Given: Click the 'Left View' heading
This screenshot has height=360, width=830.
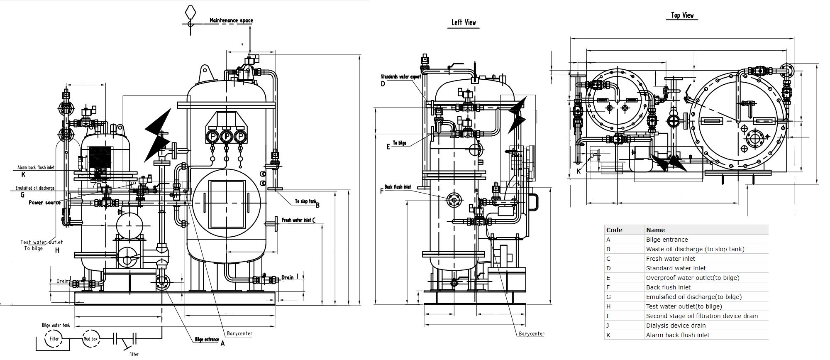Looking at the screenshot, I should [464, 23].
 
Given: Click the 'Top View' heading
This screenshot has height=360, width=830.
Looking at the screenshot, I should [682, 15].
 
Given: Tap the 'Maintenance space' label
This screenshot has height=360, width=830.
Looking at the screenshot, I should [231, 20].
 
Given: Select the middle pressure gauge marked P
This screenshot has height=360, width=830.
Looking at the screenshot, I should [227, 136].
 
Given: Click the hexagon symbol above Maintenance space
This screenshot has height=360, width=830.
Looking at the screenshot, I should [190, 12].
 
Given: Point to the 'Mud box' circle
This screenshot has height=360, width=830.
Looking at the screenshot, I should [91, 339].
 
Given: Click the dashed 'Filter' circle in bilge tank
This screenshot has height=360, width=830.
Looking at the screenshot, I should [54, 339].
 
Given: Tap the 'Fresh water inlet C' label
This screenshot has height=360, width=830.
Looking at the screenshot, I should [298, 220].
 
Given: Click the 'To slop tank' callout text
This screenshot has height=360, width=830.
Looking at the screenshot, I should [305, 201].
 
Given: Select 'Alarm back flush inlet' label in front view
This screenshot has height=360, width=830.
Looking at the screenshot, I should [36, 167].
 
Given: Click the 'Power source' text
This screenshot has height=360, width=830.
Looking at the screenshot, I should [44, 203].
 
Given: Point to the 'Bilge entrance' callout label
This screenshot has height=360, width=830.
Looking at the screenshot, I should [207, 340].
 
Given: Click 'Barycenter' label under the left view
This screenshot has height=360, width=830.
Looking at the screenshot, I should [532, 334].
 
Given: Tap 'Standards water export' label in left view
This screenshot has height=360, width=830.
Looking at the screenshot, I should [401, 77].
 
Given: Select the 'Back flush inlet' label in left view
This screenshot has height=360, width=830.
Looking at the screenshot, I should [398, 187].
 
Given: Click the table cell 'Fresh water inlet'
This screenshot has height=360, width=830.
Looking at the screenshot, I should [670, 259].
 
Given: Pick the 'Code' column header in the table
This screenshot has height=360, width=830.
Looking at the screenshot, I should [614, 230].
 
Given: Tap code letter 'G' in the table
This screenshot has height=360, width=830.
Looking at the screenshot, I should [608, 297].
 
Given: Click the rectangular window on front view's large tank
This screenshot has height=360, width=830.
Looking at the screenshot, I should [227, 204].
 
